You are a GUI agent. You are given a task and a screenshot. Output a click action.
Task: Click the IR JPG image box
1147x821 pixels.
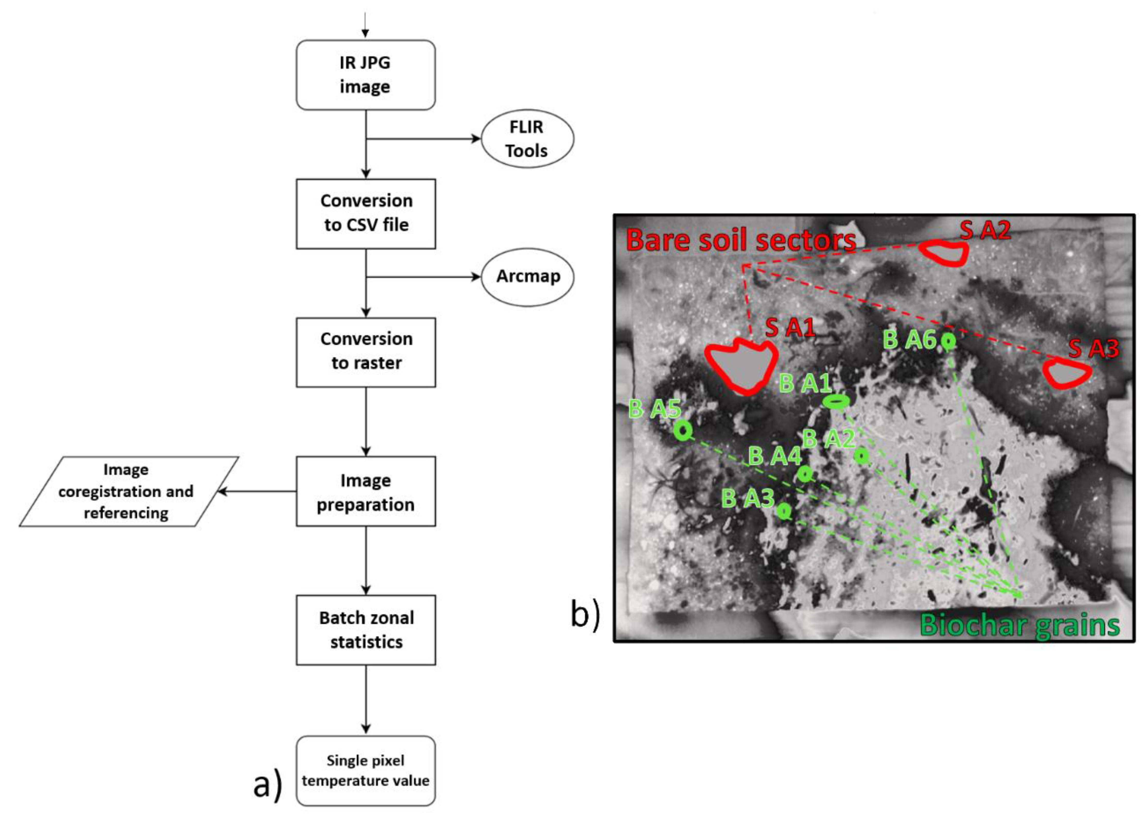(365, 75)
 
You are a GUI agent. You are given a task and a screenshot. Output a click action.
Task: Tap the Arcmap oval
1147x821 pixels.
(527, 277)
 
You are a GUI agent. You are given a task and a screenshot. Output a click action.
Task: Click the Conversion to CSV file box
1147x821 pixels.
(366, 213)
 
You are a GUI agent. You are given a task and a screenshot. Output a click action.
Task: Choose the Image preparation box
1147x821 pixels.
(366, 491)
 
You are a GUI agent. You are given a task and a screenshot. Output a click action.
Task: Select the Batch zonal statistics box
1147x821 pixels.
(366, 630)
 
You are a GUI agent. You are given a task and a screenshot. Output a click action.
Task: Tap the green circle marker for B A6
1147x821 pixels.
(948, 341)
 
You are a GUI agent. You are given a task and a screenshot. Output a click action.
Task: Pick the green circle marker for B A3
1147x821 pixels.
(783, 511)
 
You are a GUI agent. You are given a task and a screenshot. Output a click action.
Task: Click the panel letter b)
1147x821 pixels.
(585, 615)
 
